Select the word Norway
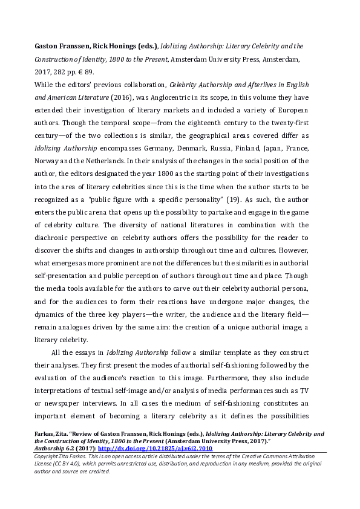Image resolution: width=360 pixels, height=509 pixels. point(63,161)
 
